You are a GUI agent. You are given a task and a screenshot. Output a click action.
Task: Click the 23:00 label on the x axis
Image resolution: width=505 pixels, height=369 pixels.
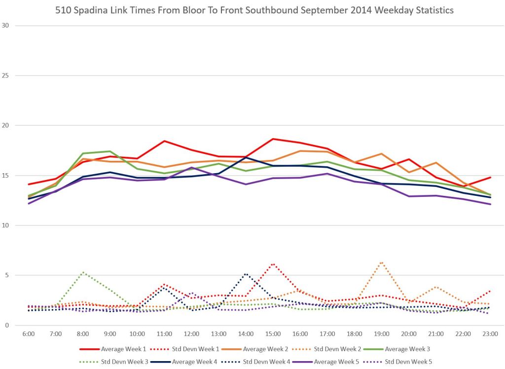[x=489, y=333]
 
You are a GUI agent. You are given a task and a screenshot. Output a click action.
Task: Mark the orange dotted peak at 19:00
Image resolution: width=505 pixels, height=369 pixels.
[x=381, y=262]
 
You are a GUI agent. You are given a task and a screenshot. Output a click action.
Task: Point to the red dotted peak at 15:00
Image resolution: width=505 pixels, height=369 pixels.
[x=273, y=263]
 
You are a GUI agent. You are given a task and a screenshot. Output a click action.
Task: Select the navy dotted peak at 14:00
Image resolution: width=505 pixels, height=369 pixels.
[x=246, y=274]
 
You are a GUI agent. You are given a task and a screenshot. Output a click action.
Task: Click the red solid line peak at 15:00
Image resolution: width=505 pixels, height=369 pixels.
[x=273, y=139]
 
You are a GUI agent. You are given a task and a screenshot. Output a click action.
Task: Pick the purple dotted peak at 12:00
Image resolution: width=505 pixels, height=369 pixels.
[x=192, y=293]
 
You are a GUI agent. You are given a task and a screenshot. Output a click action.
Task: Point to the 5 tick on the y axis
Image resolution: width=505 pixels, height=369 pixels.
[x=7, y=275]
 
